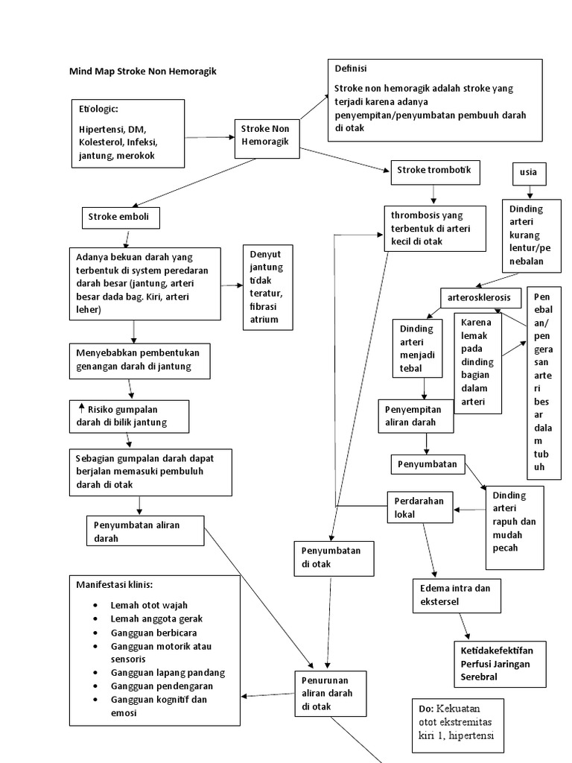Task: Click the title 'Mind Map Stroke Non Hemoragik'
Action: click(x=143, y=72)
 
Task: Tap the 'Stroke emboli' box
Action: click(x=120, y=218)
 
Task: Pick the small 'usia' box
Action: click(x=529, y=174)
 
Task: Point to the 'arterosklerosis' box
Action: click(x=479, y=297)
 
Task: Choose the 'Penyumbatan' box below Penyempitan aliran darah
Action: click(x=428, y=463)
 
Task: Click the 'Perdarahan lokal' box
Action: click(x=419, y=508)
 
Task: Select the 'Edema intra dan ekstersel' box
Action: click(x=456, y=595)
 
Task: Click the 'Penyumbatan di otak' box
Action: click(x=332, y=558)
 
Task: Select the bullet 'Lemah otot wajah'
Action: click(x=148, y=605)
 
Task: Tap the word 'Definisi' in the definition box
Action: click(x=351, y=69)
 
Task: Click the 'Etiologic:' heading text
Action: click(x=98, y=110)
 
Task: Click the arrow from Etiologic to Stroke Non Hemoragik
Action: click(x=209, y=137)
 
